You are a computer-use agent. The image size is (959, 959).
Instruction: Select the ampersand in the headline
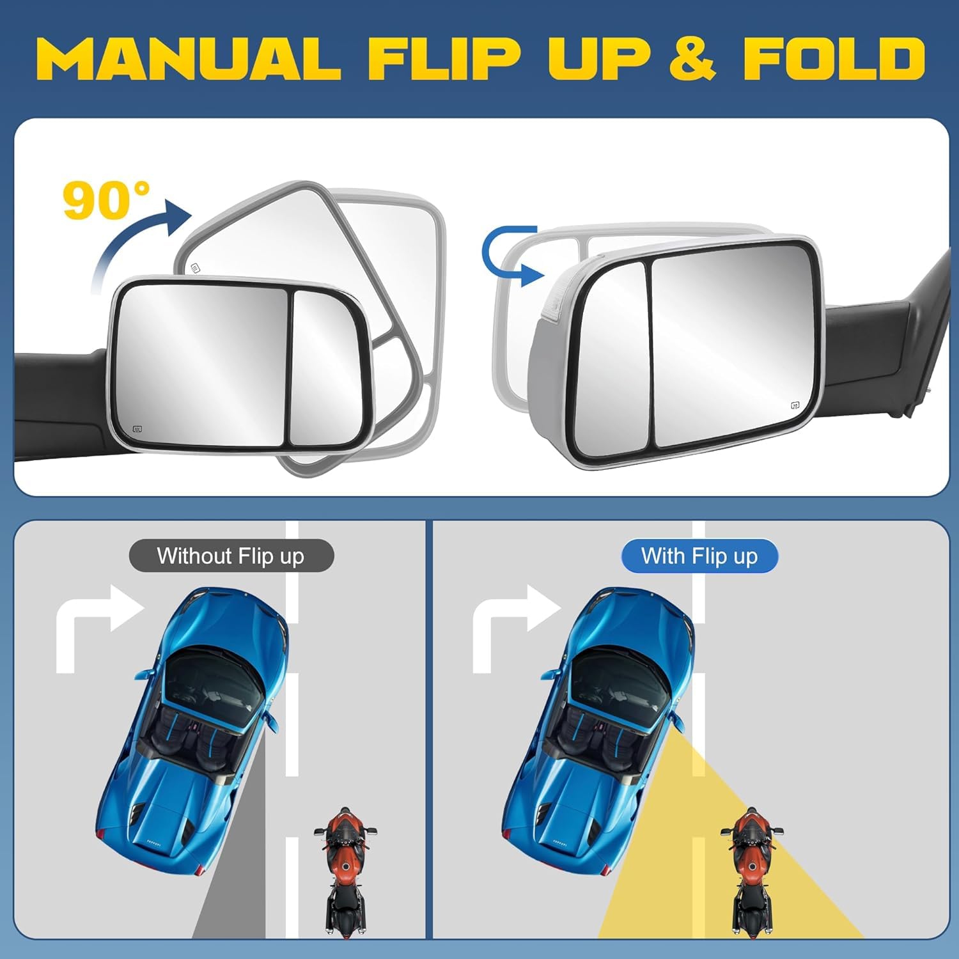click(692, 58)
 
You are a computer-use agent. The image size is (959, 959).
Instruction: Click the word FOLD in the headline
click(834, 58)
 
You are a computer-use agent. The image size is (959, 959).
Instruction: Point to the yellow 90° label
click(105, 199)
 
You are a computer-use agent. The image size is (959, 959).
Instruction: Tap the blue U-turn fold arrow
click(511, 256)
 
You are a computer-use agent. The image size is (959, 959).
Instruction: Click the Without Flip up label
click(231, 556)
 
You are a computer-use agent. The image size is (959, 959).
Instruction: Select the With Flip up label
click(699, 556)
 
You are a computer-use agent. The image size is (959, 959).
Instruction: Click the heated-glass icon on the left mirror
click(137, 429)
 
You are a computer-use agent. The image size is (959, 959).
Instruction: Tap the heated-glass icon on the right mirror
click(795, 405)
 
